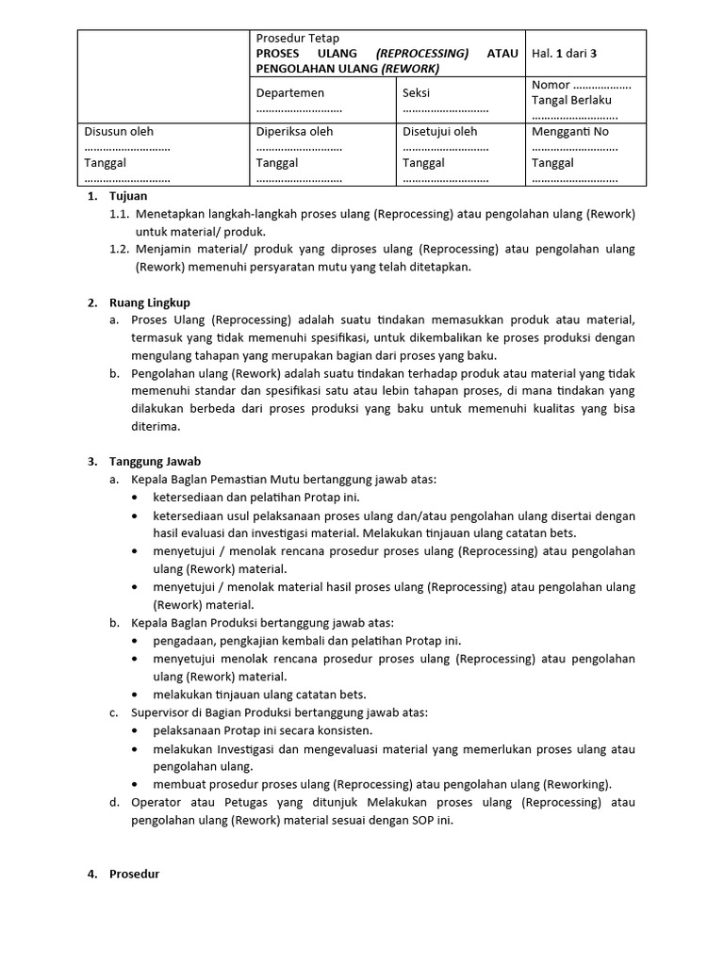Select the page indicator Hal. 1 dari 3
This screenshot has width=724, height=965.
(x=571, y=53)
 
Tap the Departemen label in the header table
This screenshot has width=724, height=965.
(x=290, y=92)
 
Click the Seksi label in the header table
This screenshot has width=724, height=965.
(x=417, y=92)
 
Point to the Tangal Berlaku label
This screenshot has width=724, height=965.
(x=572, y=100)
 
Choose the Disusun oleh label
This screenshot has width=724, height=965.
(x=119, y=132)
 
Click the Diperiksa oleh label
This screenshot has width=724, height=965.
(x=294, y=132)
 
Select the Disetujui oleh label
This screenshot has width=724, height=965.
(x=439, y=132)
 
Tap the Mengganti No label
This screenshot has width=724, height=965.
(x=570, y=132)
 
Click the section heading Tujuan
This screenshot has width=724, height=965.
(x=128, y=197)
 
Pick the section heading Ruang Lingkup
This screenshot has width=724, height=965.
(x=150, y=303)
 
